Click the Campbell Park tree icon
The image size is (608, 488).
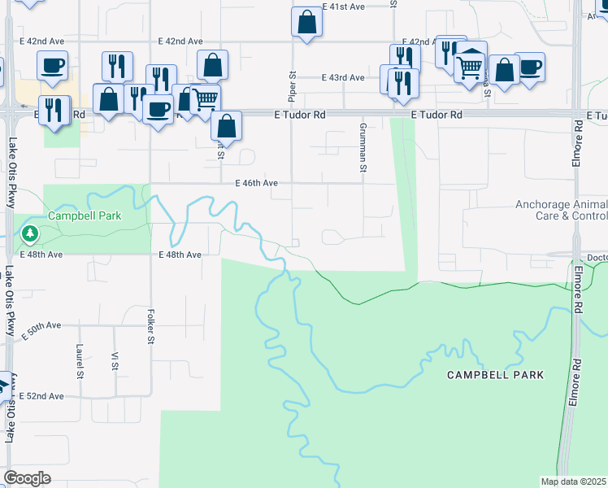point(30,235)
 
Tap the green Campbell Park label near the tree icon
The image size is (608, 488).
point(85,216)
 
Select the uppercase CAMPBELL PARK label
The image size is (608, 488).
point(495,375)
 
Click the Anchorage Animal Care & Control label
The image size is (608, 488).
point(561,211)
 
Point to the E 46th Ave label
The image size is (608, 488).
point(257,184)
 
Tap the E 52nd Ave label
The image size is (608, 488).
point(44,396)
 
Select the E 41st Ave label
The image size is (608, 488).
point(343,6)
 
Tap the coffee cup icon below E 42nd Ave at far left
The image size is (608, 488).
point(53,64)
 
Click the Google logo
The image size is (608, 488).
point(27,478)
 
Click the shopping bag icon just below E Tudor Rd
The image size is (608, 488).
point(226,125)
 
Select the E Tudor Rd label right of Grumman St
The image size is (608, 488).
point(436,115)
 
